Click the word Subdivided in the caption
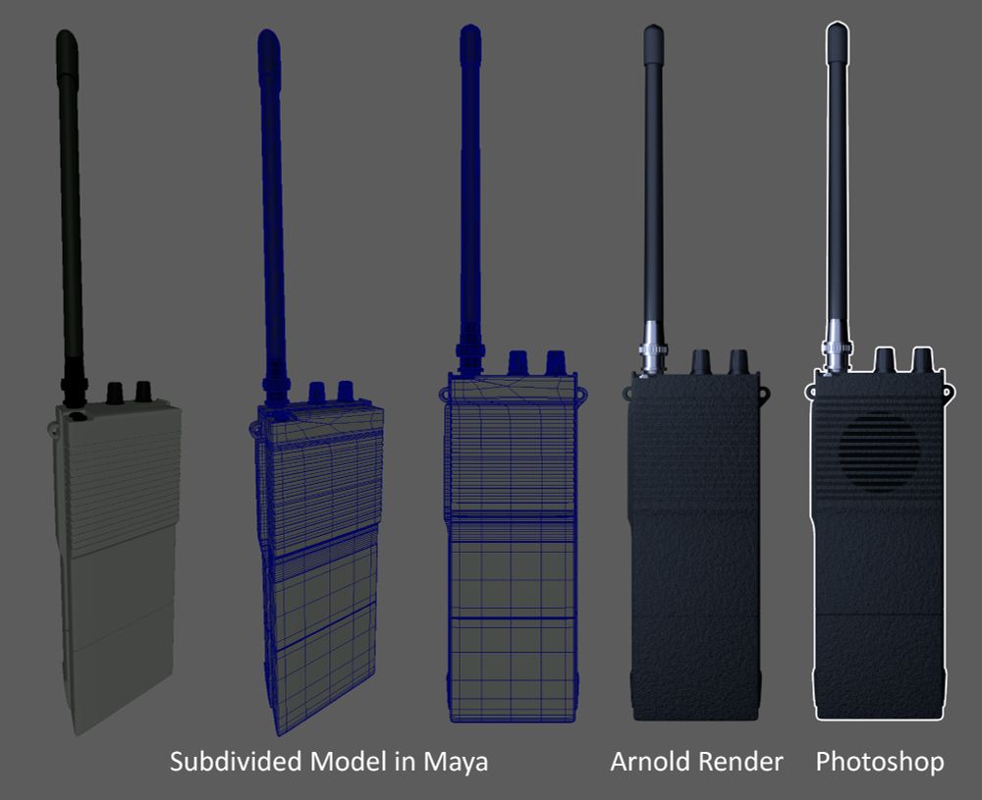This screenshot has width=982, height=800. [237, 762]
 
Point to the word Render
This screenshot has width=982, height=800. [740, 762]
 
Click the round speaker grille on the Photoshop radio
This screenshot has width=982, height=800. [879, 452]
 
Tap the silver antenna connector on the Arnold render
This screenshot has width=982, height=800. [653, 348]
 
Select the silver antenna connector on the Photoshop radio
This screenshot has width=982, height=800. [837, 347]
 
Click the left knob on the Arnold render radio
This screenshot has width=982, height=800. [700, 362]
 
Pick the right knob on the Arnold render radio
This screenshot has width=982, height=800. [737, 362]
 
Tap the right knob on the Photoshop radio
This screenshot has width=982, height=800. [922, 360]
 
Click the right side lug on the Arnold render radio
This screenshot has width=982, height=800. [764, 393]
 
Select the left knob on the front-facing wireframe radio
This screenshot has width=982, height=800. [518, 363]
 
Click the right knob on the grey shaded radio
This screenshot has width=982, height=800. [143, 392]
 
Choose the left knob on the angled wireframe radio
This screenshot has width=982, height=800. [316, 393]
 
